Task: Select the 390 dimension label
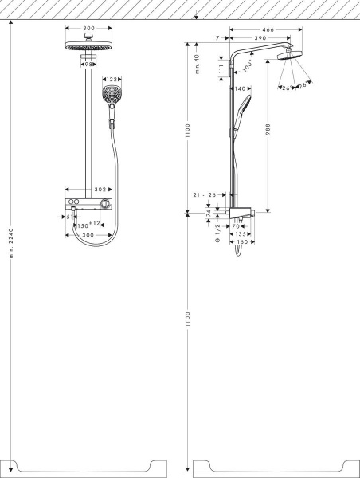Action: pyautogui.click(x=260, y=38)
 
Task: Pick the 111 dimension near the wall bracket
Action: pyautogui.click(x=222, y=69)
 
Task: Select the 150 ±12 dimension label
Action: pyautogui.click(x=87, y=226)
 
